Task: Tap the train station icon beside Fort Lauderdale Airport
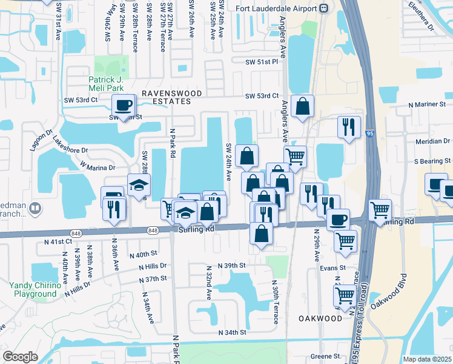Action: (x=324, y=8)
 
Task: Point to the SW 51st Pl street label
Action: (x=261, y=62)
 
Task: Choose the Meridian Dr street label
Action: (x=428, y=141)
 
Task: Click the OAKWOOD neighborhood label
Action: (x=320, y=318)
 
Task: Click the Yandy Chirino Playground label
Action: (x=35, y=289)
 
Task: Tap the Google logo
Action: (x=20, y=357)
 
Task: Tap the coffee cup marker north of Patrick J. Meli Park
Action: (x=124, y=104)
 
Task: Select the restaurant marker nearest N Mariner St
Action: (x=348, y=126)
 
